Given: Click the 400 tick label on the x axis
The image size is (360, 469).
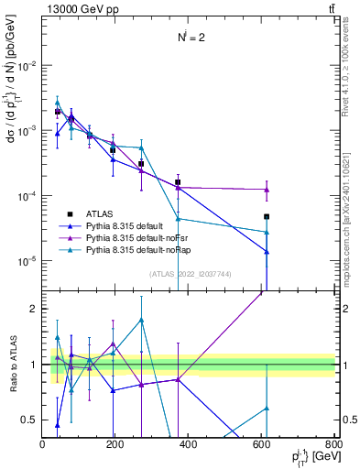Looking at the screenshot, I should click(x=188, y=443).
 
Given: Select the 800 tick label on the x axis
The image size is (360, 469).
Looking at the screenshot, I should click(x=333, y=443).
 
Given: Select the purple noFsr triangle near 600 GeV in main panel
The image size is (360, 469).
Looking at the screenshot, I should click(x=267, y=190).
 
